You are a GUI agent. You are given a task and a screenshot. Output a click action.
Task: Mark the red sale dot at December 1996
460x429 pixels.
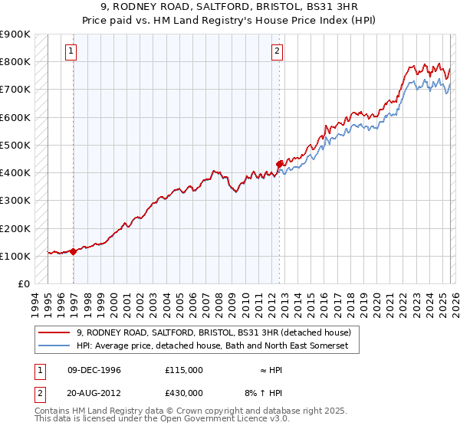[x=74, y=251]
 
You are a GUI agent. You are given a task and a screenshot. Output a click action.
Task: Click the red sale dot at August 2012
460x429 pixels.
[x=279, y=163]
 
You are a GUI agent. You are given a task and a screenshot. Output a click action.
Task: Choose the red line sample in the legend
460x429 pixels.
[x=55, y=333]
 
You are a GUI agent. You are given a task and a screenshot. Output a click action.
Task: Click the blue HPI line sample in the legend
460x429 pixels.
[x=55, y=346]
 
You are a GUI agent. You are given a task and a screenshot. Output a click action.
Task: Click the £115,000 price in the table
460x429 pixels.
[x=184, y=370]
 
